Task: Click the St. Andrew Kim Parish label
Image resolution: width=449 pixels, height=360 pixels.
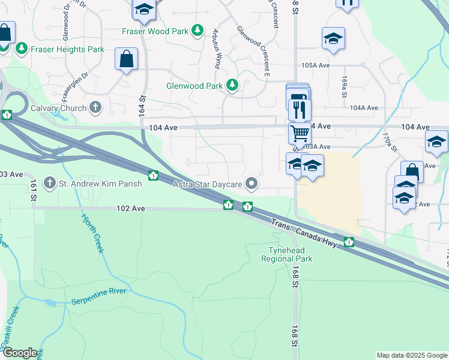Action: (x=100, y=184)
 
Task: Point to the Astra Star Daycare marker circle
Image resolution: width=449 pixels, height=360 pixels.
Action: (x=252, y=184)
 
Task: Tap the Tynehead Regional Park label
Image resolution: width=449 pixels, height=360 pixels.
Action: (x=286, y=254)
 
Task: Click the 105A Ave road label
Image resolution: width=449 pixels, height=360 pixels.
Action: (x=316, y=65)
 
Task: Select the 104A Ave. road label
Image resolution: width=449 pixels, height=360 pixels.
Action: (x=364, y=108)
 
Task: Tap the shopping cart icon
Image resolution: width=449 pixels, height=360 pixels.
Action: (x=299, y=132)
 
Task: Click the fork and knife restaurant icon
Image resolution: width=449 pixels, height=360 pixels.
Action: (x=300, y=109)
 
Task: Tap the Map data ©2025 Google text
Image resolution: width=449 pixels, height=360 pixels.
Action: (x=411, y=355)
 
